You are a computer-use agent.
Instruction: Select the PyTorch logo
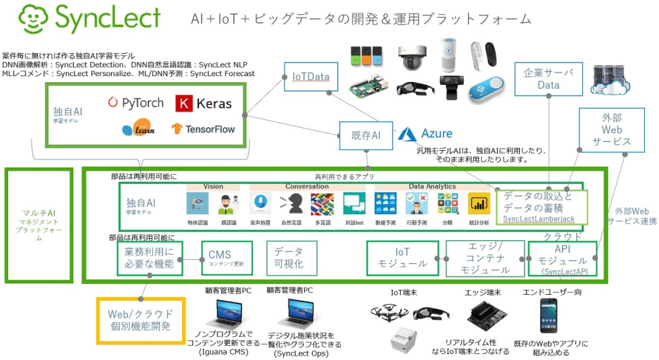[x=135, y=103]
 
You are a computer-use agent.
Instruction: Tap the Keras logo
[x=203, y=103]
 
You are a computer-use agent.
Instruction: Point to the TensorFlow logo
[x=203, y=128]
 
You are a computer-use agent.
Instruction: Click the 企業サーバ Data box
[x=549, y=79]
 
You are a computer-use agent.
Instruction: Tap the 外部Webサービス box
[x=611, y=129]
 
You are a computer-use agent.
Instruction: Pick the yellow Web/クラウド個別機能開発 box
[x=141, y=320]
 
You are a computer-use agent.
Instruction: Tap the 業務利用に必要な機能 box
[x=149, y=259]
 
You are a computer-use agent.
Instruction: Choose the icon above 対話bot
[x=354, y=203]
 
